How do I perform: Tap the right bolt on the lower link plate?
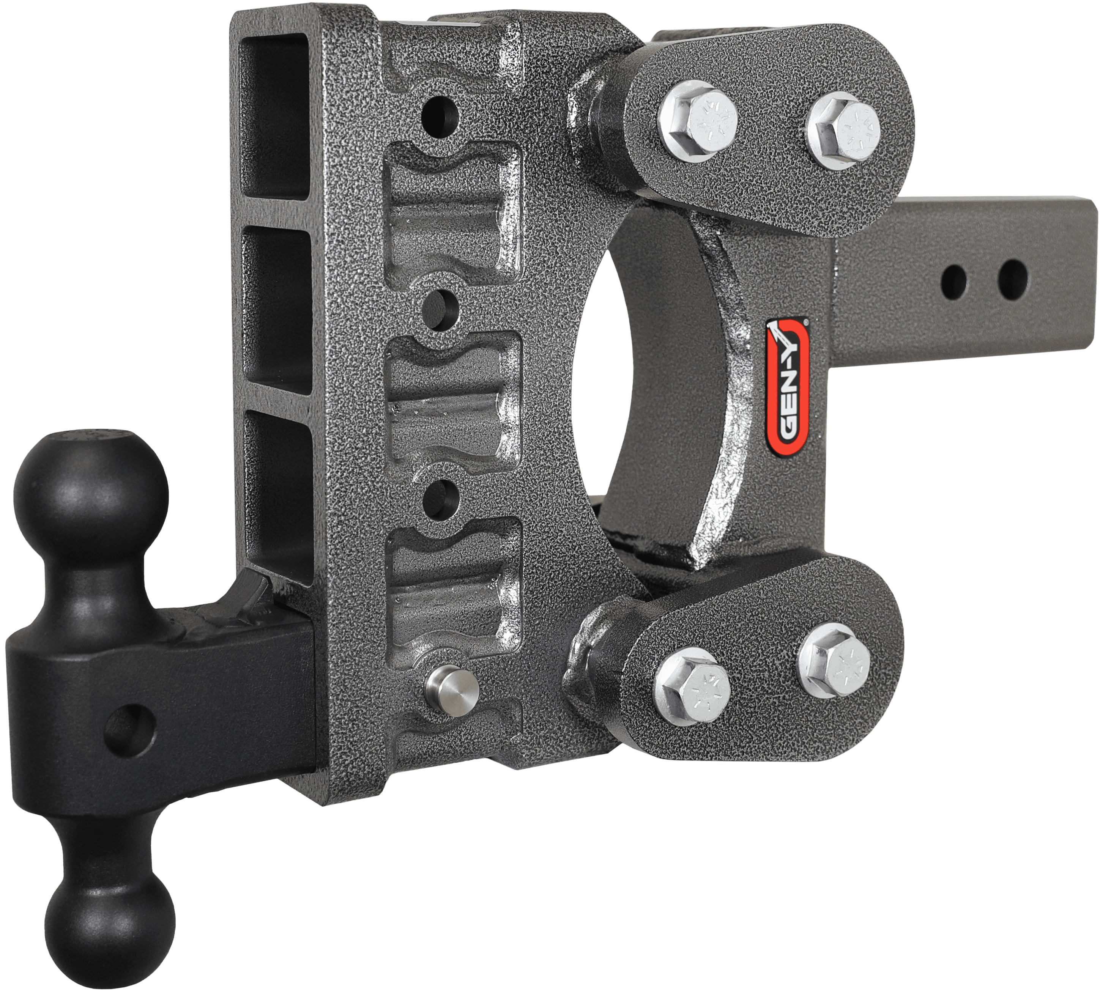point(832,658)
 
